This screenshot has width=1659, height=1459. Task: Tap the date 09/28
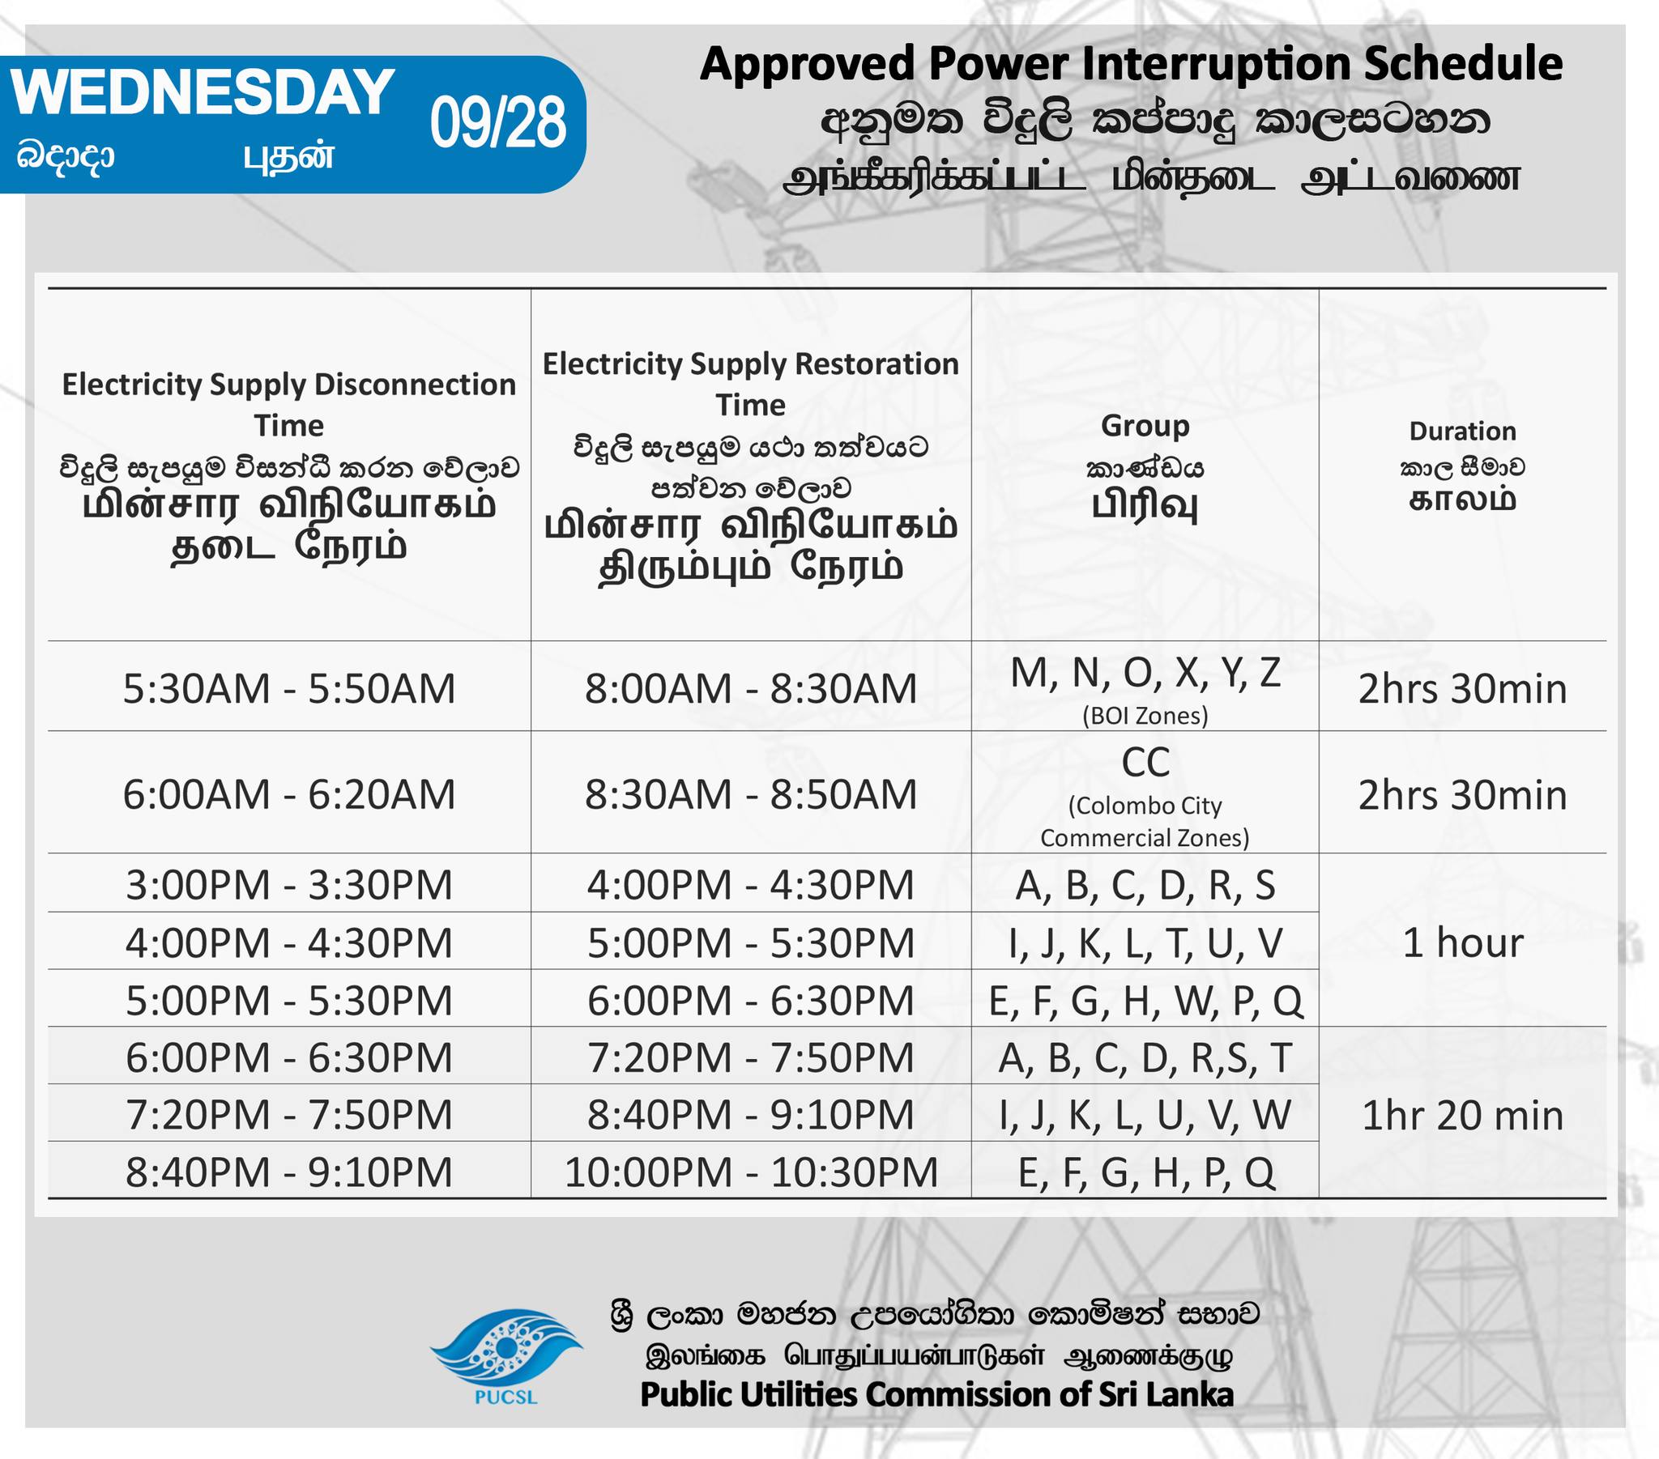pos(497,122)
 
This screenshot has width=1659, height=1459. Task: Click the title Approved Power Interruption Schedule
pos(1131,64)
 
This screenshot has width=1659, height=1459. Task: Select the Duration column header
pos(1462,432)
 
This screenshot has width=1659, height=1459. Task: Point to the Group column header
pos(1145,426)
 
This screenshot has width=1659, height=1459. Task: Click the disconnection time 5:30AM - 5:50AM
pos(289,689)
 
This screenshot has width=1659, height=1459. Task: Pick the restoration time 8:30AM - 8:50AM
pos(751,794)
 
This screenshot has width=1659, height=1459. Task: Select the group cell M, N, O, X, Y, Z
pos(1145,674)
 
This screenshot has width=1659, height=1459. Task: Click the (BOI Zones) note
pos(1145,716)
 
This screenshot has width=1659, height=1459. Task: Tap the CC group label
pos(1145,762)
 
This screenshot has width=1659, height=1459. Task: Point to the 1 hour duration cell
pos(1463,943)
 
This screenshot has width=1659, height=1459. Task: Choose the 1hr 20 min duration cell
pos(1463,1116)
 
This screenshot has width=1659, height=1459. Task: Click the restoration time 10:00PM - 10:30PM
pos(751,1172)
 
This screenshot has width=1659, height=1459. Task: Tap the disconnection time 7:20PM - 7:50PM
pos(289,1115)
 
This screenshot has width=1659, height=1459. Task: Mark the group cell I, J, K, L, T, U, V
pos(1145,944)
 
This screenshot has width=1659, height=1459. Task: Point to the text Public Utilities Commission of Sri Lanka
pos(936,1395)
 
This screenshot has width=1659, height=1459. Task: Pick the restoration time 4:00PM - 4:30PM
pos(751,885)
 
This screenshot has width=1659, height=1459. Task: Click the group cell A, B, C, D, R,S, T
pos(1145,1058)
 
